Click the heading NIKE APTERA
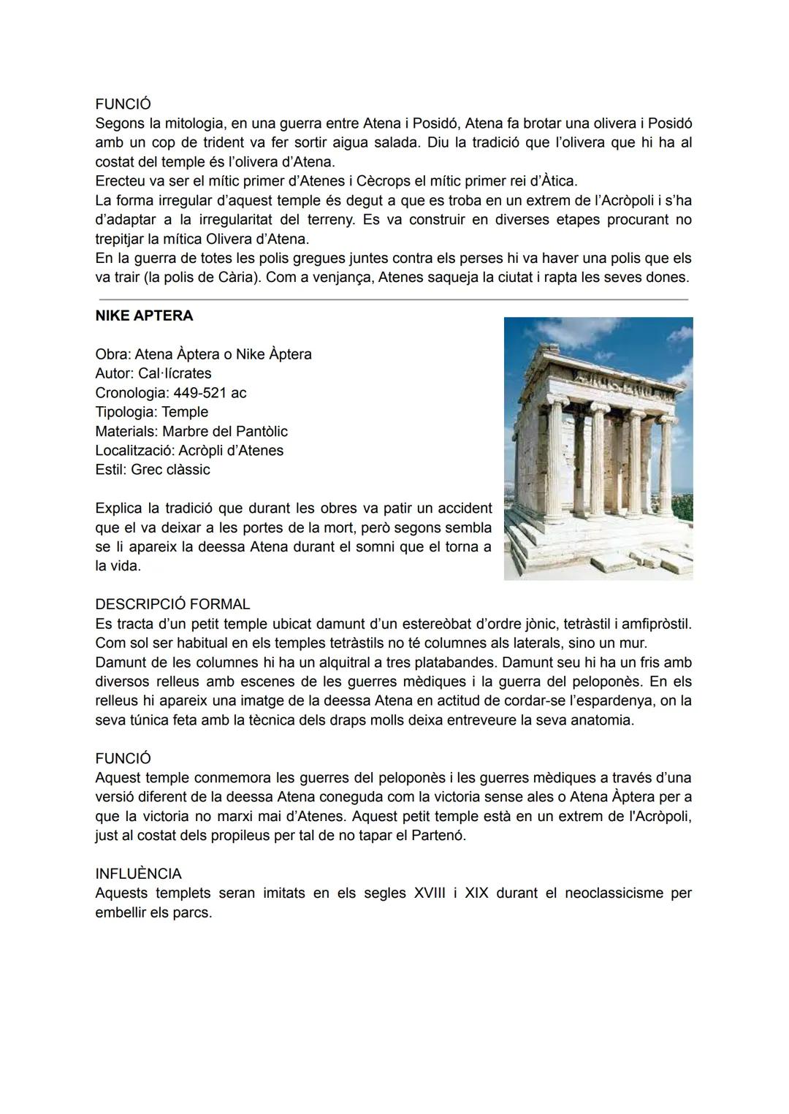click(x=144, y=316)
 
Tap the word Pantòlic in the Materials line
click(x=260, y=431)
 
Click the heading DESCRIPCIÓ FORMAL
click(x=172, y=604)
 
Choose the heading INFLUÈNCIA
click(x=138, y=874)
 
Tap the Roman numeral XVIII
click(x=430, y=893)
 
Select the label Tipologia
click(x=125, y=412)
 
